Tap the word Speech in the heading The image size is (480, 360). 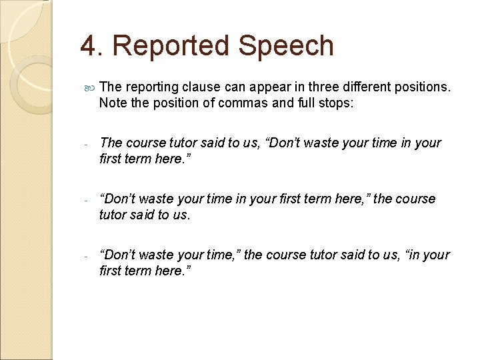pyautogui.click(x=286, y=46)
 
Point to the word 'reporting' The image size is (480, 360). pyautogui.click(x=151, y=87)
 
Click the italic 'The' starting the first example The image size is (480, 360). pyautogui.click(x=111, y=143)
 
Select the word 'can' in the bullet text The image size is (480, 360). pyautogui.click(x=233, y=87)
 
